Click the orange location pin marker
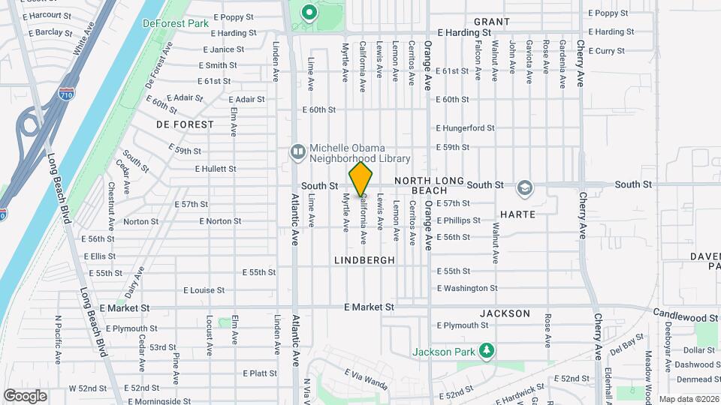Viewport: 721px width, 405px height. pos(360,179)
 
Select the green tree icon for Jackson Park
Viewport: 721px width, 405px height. pos(487,350)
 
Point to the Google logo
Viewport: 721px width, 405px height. pos(25,395)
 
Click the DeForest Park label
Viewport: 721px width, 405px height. pos(175,23)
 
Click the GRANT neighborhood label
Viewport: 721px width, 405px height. pos(492,22)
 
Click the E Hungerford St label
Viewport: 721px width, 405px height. pos(465,128)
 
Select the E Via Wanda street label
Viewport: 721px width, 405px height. pos(367,379)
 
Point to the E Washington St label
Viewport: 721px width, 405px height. pos(466,288)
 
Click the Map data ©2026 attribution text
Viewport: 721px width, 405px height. pos(688,399)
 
